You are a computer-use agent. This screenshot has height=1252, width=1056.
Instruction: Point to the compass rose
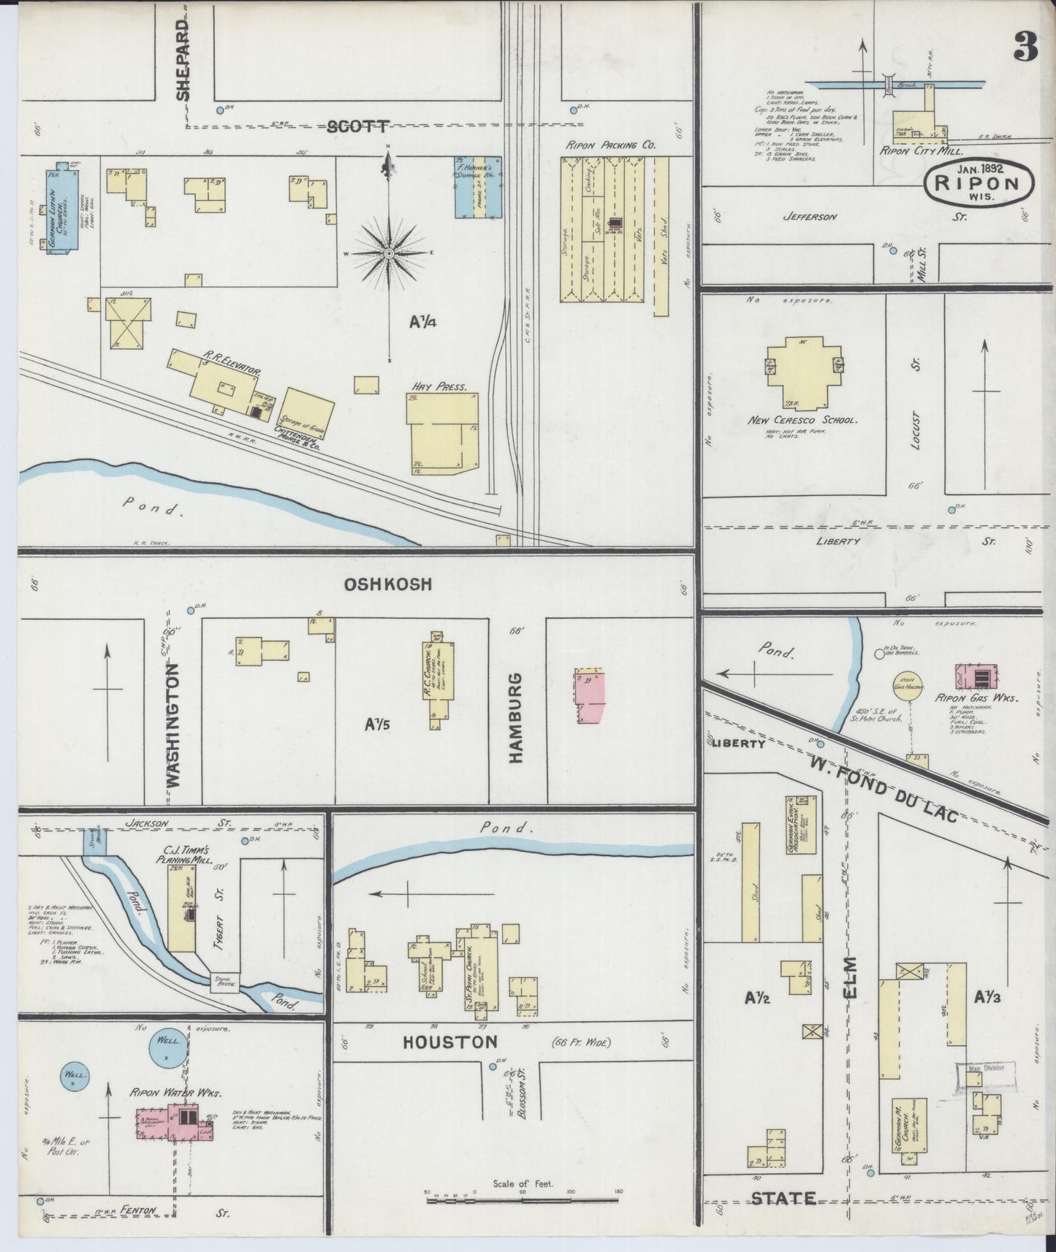pyautogui.click(x=390, y=253)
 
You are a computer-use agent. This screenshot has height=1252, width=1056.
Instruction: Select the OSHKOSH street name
pyautogui.click(x=388, y=584)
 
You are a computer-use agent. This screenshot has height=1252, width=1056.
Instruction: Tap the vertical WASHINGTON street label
pyautogui.click(x=172, y=725)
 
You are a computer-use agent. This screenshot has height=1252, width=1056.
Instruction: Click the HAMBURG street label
pyautogui.click(x=517, y=719)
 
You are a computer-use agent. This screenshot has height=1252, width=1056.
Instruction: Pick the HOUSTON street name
pyautogui.click(x=449, y=1042)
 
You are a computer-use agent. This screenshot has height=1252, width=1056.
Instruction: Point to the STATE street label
pyautogui.click(x=783, y=1198)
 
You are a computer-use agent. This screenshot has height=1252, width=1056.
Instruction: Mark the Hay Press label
pyautogui.click(x=440, y=387)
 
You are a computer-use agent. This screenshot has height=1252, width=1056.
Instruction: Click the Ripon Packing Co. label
pyautogui.click(x=610, y=145)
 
